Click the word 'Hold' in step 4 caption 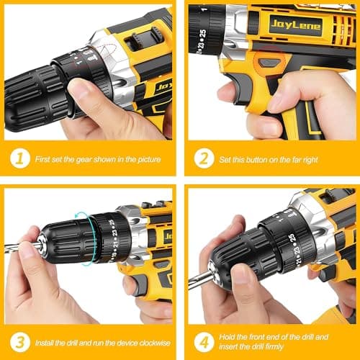coord(232,337)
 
